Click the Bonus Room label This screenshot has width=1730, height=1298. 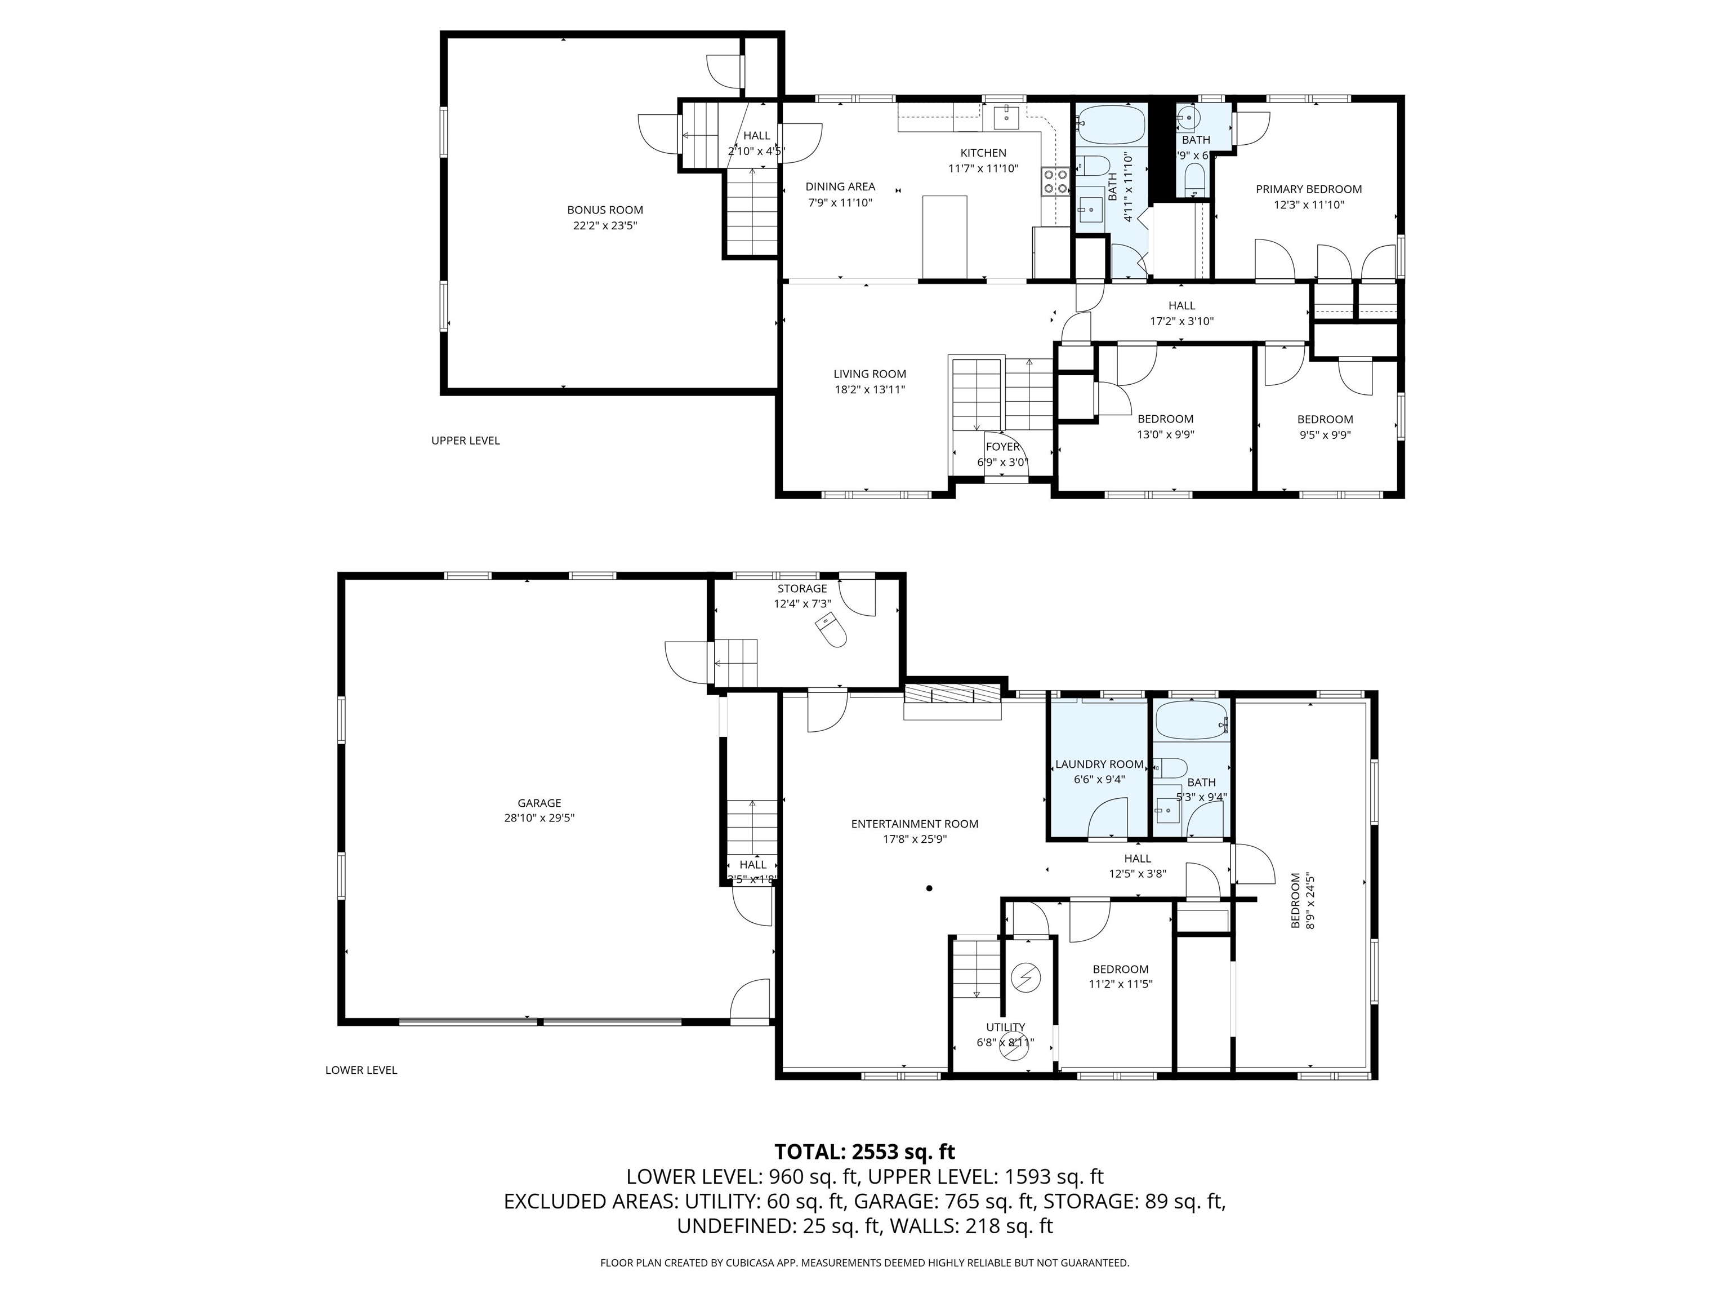[x=605, y=210]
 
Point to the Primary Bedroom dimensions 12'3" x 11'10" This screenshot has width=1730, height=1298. [x=1308, y=205]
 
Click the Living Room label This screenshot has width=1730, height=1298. [x=869, y=374]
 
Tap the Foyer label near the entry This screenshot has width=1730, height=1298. [x=1002, y=447]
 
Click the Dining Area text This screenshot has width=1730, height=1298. [x=840, y=186]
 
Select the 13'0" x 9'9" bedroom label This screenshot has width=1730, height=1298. [x=1165, y=426]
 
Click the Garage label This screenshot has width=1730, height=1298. [x=539, y=803]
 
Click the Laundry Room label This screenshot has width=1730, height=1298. [x=1099, y=764]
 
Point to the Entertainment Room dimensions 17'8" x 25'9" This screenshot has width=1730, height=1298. [x=914, y=839]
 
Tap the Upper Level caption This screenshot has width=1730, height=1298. [x=465, y=441]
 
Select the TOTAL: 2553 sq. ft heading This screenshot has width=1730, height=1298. [x=864, y=1152]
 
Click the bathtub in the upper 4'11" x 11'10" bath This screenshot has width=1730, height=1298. [x=1111, y=125]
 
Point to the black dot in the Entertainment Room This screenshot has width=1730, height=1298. [x=929, y=888]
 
